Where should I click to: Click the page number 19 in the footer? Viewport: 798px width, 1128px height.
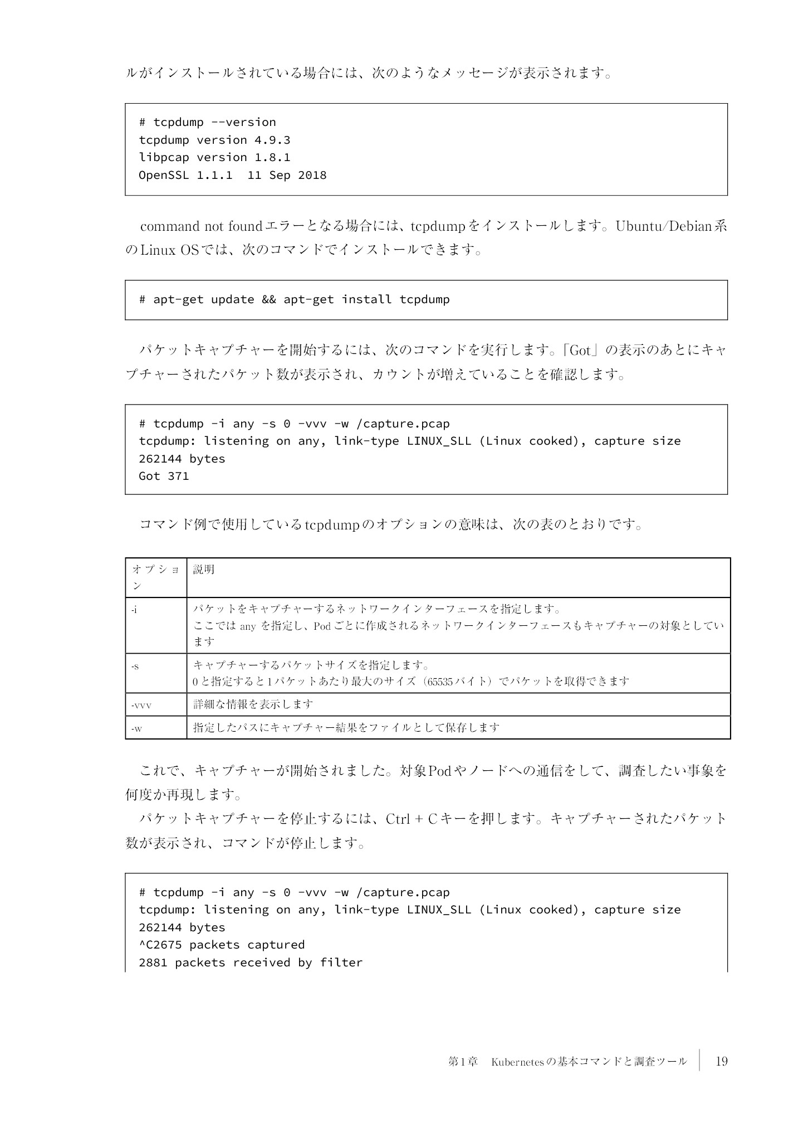click(721, 1061)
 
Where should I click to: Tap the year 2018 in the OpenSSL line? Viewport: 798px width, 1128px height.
click(312, 175)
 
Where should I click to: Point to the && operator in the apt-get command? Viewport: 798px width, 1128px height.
click(268, 299)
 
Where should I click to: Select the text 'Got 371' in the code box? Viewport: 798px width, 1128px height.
click(164, 476)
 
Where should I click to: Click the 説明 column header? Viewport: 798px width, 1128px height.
click(204, 569)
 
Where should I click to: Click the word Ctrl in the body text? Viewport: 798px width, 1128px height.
click(398, 819)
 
